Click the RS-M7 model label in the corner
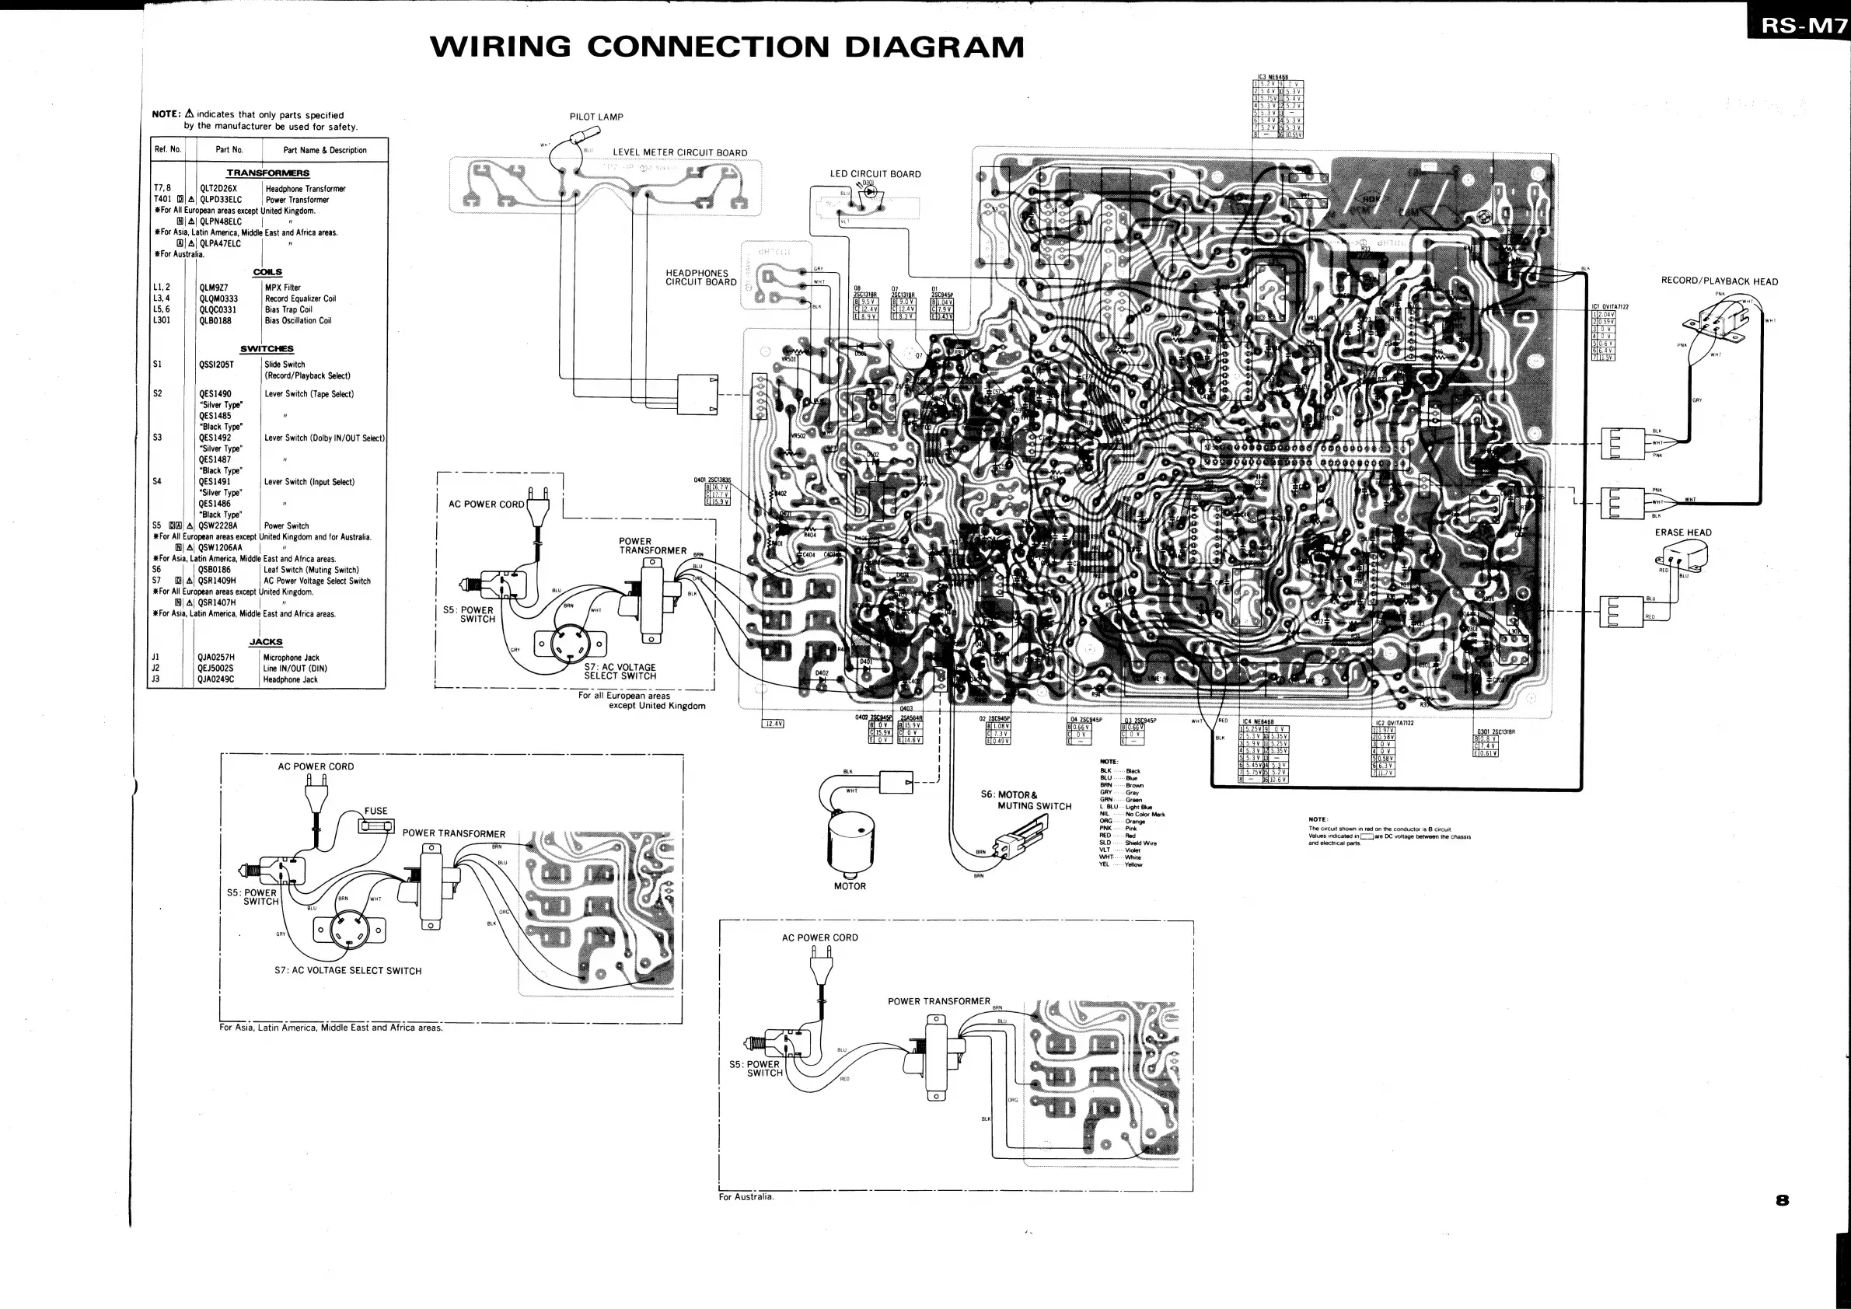point(1802,26)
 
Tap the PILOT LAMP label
point(595,117)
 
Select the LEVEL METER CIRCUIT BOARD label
point(679,152)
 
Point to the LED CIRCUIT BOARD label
point(875,174)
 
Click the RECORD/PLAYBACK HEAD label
point(1719,281)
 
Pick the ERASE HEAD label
point(1682,532)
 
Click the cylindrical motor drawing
point(850,844)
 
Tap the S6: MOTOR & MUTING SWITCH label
point(1025,800)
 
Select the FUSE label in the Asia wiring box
point(375,811)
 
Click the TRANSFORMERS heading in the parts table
point(267,173)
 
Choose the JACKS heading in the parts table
point(266,642)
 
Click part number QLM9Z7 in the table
point(214,288)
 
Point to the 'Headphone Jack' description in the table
point(290,679)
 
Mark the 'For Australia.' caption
point(746,1197)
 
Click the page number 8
point(1782,1200)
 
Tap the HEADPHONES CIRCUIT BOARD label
point(700,278)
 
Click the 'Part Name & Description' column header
point(325,150)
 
